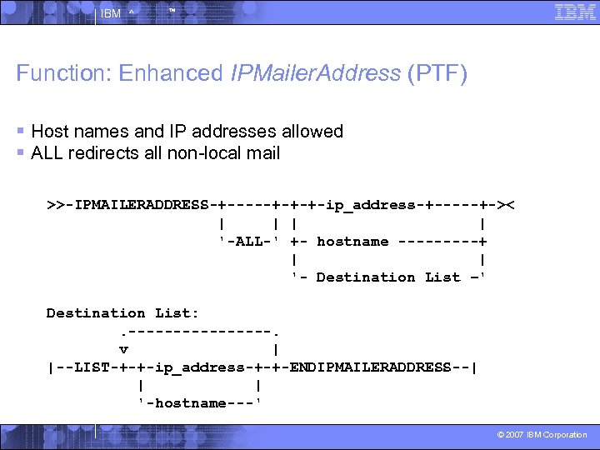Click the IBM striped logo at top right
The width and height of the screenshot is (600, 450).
pyautogui.click(x=574, y=12)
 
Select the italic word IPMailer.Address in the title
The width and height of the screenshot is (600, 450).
pyautogui.click(x=317, y=73)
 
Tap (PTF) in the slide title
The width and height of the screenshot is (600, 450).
pyautogui.click(x=437, y=73)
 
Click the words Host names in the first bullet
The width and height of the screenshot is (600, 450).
pyautogui.click(x=79, y=132)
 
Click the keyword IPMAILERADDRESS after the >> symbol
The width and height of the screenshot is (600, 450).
pyautogui.click(x=142, y=205)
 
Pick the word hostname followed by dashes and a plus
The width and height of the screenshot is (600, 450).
pyautogui.click(x=352, y=242)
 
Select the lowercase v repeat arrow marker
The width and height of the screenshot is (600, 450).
pyautogui.click(x=122, y=349)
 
